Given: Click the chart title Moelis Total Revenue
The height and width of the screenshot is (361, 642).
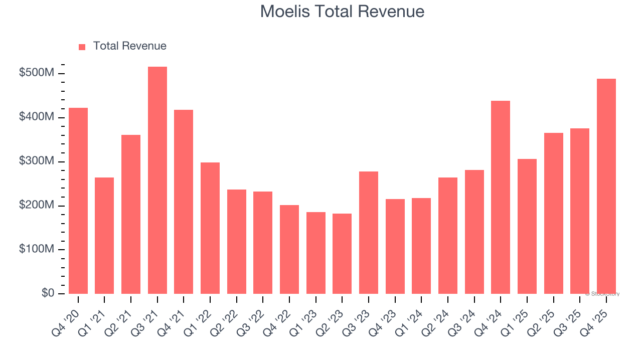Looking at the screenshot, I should (x=342, y=12).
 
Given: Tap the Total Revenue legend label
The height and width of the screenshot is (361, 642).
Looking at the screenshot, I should (x=129, y=46).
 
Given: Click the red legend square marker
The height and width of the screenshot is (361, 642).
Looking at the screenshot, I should (x=82, y=47).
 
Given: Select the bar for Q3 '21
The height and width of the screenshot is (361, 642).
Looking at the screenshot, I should (x=157, y=180).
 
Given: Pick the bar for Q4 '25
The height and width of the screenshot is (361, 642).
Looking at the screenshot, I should (x=606, y=187).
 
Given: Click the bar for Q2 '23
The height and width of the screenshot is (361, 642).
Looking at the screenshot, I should (x=342, y=254).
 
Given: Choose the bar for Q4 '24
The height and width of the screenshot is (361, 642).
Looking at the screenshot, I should (x=501, y=198).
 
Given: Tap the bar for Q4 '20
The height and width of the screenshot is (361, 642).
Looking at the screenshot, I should (x=78, y=201).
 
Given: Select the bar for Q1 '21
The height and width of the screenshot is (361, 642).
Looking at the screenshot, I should (x=104, y=236).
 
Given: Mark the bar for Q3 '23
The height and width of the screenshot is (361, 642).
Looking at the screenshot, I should (x=369, y=233).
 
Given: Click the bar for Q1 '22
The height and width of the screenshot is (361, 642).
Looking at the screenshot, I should (x=210, y=228).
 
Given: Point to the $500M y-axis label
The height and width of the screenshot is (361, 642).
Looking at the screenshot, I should (x=37, y=73).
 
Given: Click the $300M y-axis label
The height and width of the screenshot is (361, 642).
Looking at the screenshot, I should (x=37, y=161).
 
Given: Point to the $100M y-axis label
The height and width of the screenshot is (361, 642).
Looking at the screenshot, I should (x=37, y=249).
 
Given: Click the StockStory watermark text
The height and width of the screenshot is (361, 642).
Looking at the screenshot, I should (x=602, y=294).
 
